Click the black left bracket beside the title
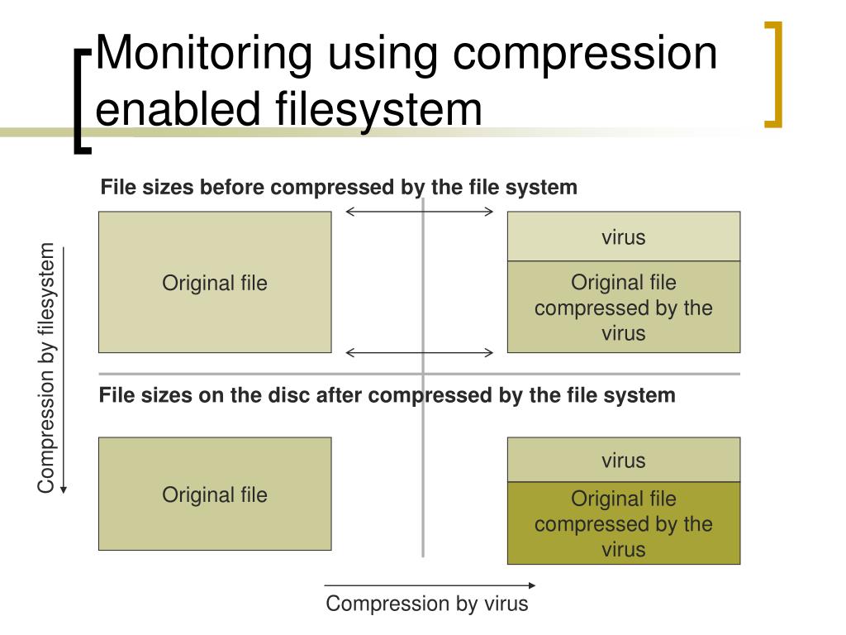pyautogui.click(x=80, y=99)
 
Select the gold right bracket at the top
pyautogui.click(x=773, y=74)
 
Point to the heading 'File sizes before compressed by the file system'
pyautogui.click(x=339, y=188)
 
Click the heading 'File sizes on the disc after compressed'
pyautogui.click(x=387, y=395)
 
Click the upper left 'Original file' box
pyautogui.click(x=215, y=283)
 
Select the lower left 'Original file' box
pyautogui.click(x=215, y=494)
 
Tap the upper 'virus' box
pyautogui.click(x=623, y=237)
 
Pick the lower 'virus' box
pyautogui.click(x=623, y=461)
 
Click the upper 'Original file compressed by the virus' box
pyautogui.click(x=623, y=308)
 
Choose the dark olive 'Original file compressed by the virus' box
pyautogui.click(x=623, y=523)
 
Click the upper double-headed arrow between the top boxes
pyautogui.click(x=419, y=212)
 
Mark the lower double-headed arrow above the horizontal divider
pyautogui.click(x=419, y=353)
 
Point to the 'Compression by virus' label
pyautogui.click(x=426, y=604)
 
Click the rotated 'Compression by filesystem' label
pyautogui.click(x=46, y=368)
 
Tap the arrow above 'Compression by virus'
pyautogui.click(x=430, y=586)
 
